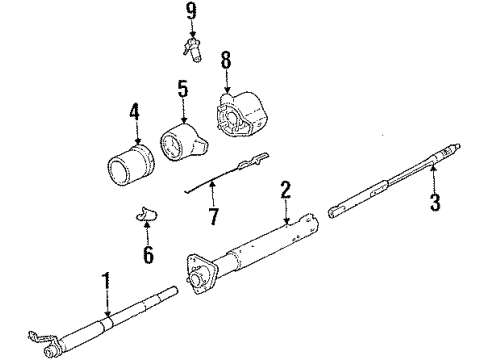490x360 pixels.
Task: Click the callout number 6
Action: (147, 256)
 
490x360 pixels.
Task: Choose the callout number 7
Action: (212, 214)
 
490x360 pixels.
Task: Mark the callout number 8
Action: (225, 60)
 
